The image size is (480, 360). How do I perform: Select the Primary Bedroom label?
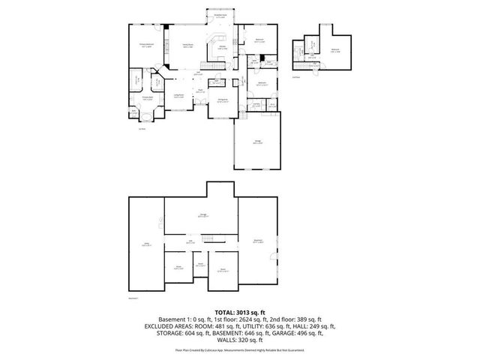[x=148, y=45]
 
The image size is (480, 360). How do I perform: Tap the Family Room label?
[x=189, y=46]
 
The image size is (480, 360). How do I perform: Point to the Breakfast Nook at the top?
[x=222, y=16]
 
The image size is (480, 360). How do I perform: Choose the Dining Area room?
[x=223, y=100]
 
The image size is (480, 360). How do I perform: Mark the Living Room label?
[x=180, y=95]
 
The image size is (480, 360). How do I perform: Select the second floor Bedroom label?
[x=335, y=50]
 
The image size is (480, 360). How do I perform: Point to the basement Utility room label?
[x=147, y=244]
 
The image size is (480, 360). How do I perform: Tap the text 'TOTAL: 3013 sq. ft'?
[x=239, y=312]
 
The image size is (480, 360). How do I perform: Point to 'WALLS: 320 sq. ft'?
[x=240, y=341]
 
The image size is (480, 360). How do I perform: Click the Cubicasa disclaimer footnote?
[x=240, y=349]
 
